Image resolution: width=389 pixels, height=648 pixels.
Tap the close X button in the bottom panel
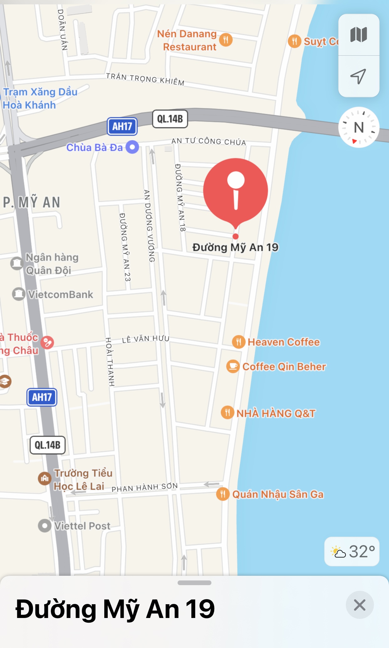coord(360,605)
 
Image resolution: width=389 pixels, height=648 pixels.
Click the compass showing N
coord(359,127)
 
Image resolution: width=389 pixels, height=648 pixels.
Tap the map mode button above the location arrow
coord(359,35)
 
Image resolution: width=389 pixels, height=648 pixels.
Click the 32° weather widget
coord(352,552)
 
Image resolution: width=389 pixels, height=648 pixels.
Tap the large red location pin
coord(236,191)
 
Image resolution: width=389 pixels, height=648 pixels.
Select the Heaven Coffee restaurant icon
coord(239,342)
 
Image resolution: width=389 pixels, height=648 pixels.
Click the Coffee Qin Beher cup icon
coord(233,366)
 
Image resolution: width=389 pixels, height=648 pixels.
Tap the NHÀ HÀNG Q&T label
coord(276,413)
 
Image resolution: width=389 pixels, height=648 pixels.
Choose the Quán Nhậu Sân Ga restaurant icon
coord(223,494)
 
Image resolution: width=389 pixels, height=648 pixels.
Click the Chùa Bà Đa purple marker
coord(132,147)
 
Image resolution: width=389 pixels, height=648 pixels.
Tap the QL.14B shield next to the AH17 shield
coord(170,119)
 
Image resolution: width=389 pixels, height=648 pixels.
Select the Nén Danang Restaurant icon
coord(226,40)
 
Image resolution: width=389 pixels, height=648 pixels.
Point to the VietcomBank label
coord(60,295)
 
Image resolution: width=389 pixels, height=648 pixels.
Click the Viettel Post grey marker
coord(44,526)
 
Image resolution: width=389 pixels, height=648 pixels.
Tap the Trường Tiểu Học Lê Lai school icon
coord(44,478)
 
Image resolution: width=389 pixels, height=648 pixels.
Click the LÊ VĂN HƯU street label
coord(146,339)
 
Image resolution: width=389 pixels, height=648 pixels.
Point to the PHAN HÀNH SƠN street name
coord(145,487)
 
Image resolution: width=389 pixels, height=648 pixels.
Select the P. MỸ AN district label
coord(32,202)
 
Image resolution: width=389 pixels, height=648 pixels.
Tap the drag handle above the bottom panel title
coord(194,583)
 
